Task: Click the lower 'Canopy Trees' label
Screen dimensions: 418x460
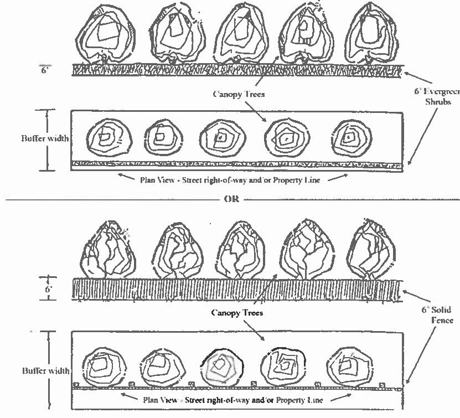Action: (236, 313)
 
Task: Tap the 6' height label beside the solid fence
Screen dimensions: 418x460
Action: (49, 288)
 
